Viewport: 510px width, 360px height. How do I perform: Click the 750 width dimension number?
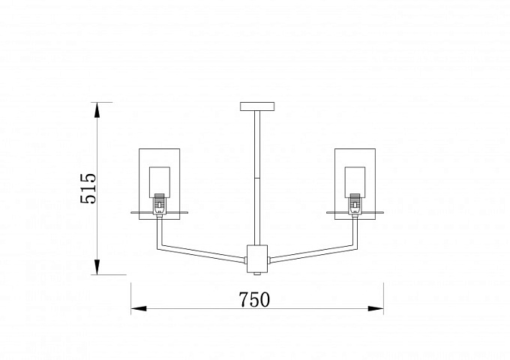(x=254, y=300)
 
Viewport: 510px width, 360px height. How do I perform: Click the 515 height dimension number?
(x=88, y=188)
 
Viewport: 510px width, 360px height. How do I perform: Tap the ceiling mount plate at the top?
(x=257, y=106)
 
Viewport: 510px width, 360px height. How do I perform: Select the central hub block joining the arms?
(x=257, y=259)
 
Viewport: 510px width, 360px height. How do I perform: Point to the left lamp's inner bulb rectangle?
(x=160, y=182)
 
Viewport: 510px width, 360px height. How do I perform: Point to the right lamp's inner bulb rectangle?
(x=355, y=182)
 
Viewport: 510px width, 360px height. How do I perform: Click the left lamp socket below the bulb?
(x=159, y=204)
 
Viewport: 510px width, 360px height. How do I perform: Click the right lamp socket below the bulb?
(x=355, y=204)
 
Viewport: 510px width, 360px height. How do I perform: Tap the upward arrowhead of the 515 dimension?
(x=97, y=109)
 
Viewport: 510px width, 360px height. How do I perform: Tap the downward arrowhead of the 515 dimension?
(x=97, y=267)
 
